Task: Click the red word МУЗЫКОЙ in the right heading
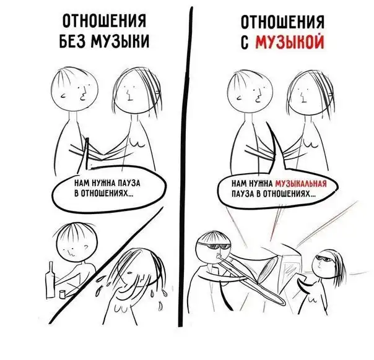click(290, 42)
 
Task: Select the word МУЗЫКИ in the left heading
click(120, 41)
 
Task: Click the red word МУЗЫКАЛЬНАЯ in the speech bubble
click(300, 184)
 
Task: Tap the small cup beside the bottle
click(63, 294)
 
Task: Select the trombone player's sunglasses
click(215, 247)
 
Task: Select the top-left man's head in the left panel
click(75, 89)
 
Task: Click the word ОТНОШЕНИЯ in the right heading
click(282, 22)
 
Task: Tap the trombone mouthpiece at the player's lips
click(218, 257)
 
